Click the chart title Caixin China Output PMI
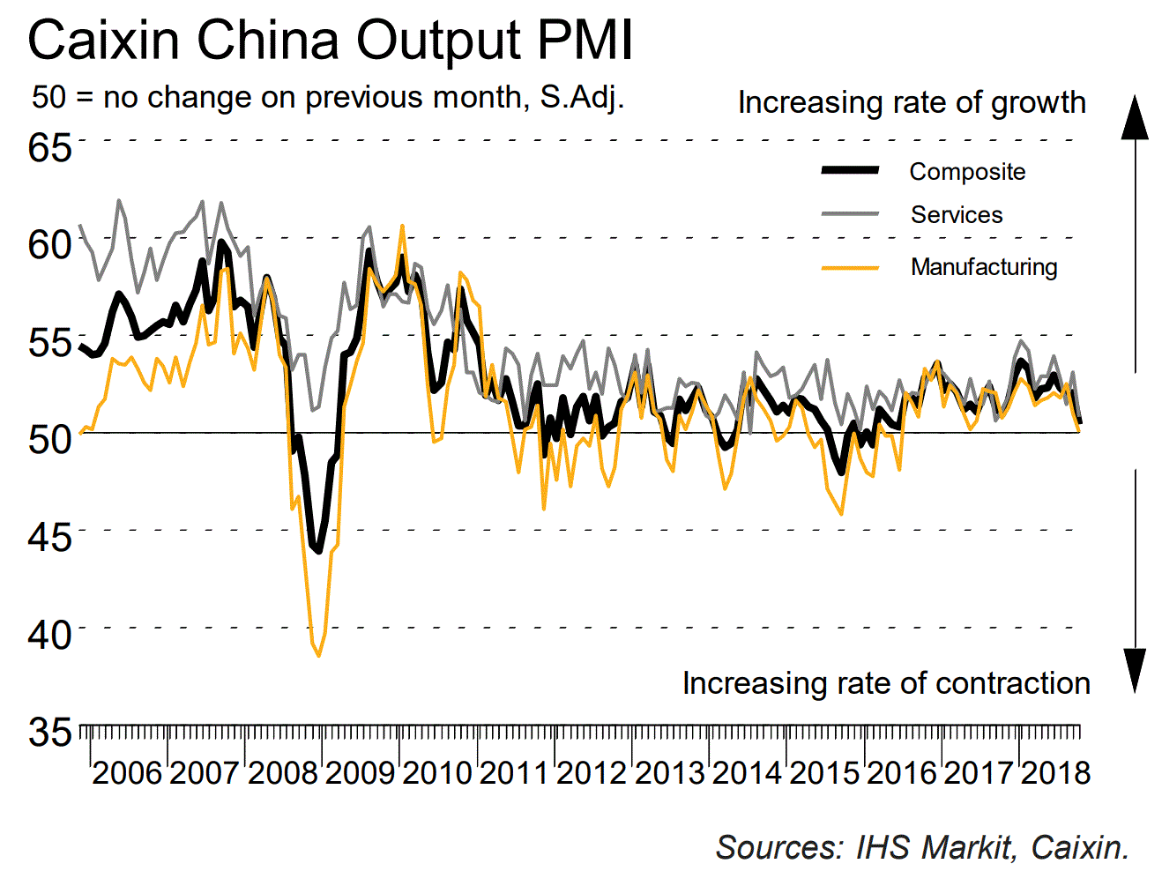tap(330, 41)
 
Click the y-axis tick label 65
tap(49, 146)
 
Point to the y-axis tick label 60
tap(49, 243)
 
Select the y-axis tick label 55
tap(49, 341)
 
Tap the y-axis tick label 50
tap(49, 438)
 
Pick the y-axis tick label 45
tap(49, 536)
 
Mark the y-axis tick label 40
tap(49, 633)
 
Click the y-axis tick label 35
tap(49, 731)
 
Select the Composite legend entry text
tap(967, 172)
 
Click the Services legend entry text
tap(957, 215)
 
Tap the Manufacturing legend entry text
tap(984, 267)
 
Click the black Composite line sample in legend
tap(850, 170)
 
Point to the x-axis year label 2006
tap(127, 773)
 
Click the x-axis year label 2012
tap(592, 773)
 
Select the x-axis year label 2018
tap(1055, 773)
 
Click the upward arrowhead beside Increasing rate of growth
tap(1135, 118)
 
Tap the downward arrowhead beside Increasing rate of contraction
tap(1135, 670)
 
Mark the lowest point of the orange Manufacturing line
tap(318, 655)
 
